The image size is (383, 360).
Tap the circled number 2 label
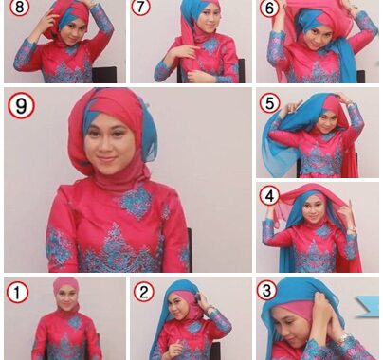[x=144, y=292]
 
